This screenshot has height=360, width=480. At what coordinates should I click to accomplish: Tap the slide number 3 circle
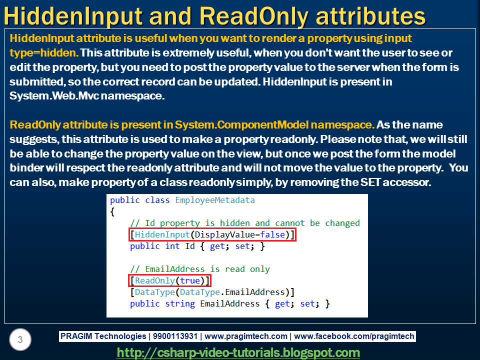(20, 340)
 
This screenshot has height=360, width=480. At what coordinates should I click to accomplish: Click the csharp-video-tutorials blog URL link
(238, 352)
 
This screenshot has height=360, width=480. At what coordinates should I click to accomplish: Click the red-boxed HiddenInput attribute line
(212, 234)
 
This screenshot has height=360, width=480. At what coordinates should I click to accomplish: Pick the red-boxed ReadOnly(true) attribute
(169, 280)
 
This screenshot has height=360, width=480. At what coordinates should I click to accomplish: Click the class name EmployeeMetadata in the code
(214, 200)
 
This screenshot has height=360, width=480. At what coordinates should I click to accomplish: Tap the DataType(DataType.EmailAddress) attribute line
(212, 292)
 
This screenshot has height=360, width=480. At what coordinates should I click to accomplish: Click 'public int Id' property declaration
(162, 246)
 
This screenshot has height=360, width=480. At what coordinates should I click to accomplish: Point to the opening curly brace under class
(112, 211)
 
